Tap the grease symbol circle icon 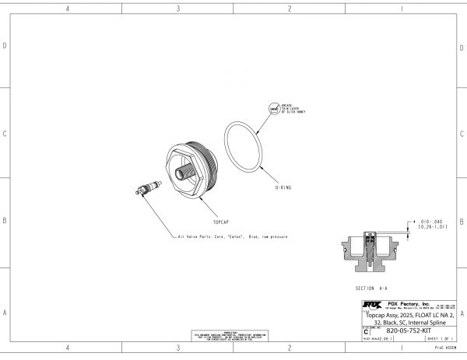273,110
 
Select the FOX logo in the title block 372,304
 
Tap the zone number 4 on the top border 68,9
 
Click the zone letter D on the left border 5,47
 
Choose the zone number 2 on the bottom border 290,348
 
